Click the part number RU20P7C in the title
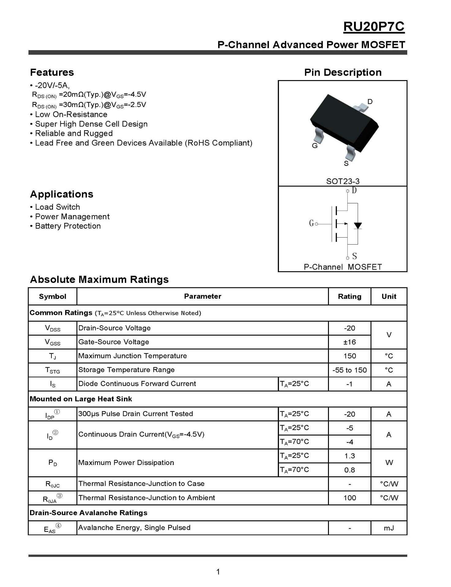[x=374, y=27]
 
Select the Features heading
[x=52, y=72]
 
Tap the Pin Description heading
[x=343, y=72]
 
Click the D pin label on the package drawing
[x=370, y=102]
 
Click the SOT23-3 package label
[x=343, y=181]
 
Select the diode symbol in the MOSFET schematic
[x=358, y=226]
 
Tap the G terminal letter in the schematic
[x=311, y=223]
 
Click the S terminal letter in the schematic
[x=354, y=256]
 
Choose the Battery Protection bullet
[x=68, y=226]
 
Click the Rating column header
[x=349, y=297]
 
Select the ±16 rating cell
[x=349, y=342]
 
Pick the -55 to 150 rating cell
[x=349, y=370]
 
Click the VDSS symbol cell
[x=53, y=328]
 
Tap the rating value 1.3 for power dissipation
[x=349, y=456]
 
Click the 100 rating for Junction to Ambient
[x=349, y=498]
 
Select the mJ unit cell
[x=389, y=528]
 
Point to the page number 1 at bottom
[x=218, y=572]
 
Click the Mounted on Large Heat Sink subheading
[x=81, y=399]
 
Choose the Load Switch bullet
[x=57, y=207]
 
